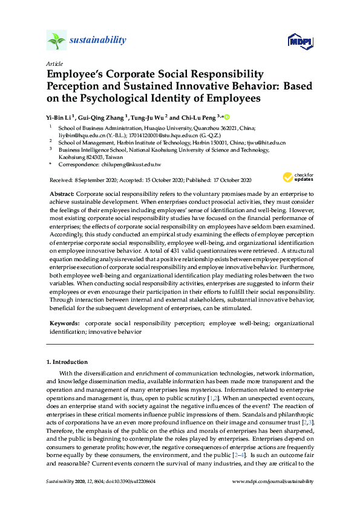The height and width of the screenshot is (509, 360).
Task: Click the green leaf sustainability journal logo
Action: [56, 41]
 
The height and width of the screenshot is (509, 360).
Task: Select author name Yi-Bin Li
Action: [59, 117]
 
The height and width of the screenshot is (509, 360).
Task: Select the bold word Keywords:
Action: [64, 323]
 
